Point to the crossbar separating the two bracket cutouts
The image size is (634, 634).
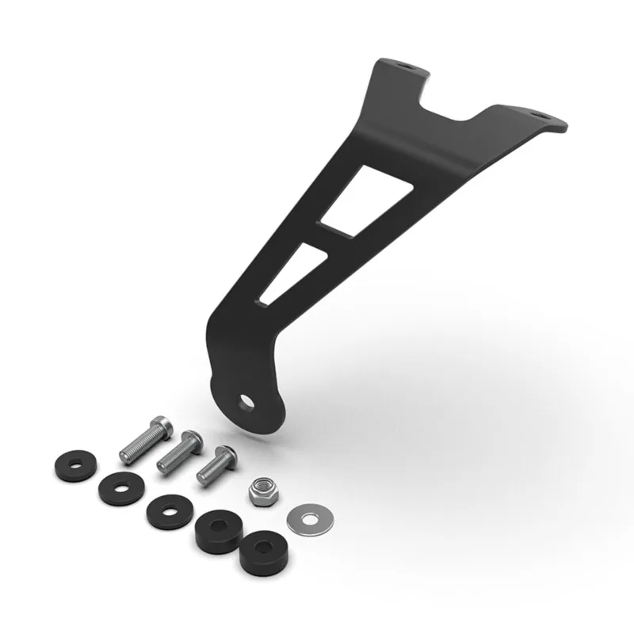tap(323, 234)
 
